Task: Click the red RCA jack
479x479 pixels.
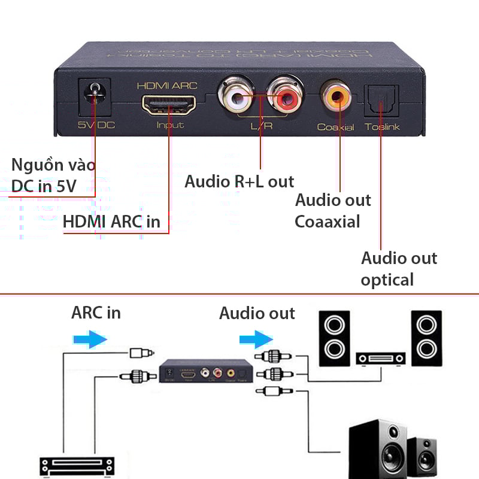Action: coord(284,96)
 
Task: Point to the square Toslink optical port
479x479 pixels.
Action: coord(380,100)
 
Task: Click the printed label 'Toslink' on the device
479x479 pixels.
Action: coord(383,127)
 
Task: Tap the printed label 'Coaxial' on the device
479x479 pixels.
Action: coord(335,127)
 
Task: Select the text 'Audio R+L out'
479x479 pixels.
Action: coord(239,181)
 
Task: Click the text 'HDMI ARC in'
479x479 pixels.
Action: coord(111,221)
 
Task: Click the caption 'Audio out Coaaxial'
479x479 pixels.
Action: coord(333,211)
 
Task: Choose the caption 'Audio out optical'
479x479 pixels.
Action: coord(399,269)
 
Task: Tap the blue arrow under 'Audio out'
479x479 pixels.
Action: coord(252,340)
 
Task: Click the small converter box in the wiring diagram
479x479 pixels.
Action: coord(204,371)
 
